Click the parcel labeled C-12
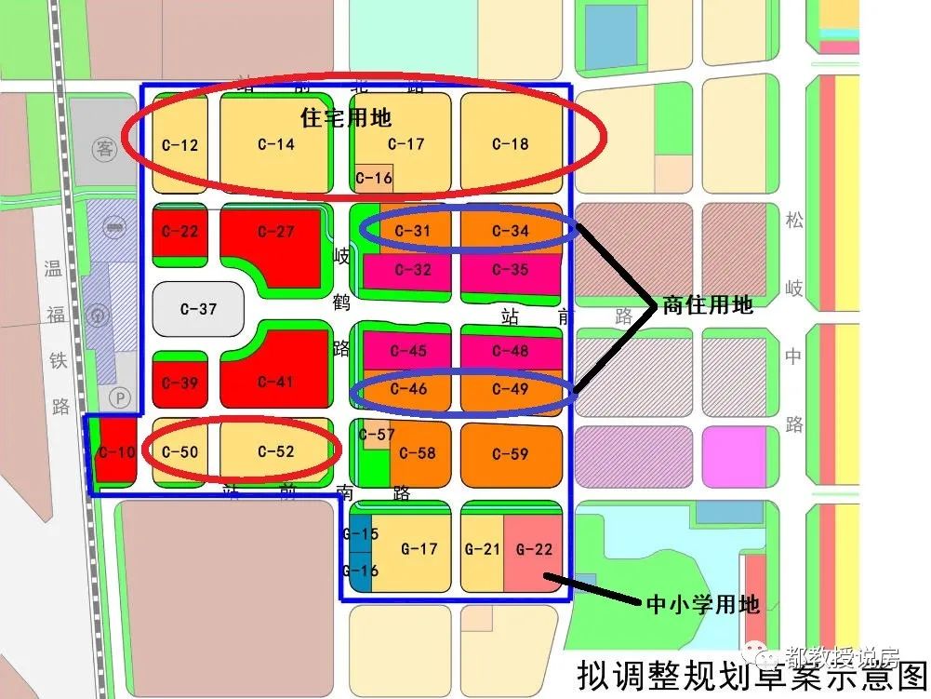click(180, 144)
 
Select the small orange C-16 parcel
click(374, 178)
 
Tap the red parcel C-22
click(180, 231)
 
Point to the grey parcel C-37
click(197, 308)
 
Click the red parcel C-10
click(115, 451)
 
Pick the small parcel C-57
click(377, 435)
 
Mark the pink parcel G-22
click(534, 549)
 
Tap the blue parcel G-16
click(360, 571)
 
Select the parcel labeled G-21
click(483, 549)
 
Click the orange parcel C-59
click(511, 453)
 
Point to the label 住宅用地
click(346, 118)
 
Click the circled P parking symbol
click(117, 396)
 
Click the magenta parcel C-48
click(511, 351)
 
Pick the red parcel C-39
click(180, 383)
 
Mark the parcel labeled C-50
click(180, 451)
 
